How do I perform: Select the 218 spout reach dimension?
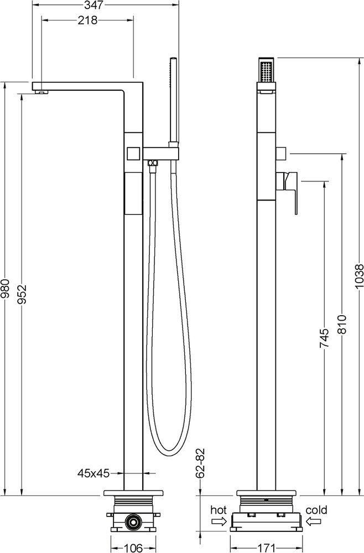point(87,20)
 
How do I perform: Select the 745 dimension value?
point(325,338)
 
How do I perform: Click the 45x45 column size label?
point(92,473)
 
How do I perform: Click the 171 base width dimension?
point(268,548)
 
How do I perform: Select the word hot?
point(218,509)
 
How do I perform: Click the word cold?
point(316,509)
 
